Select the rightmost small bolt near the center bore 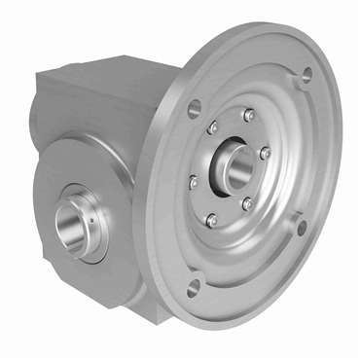pyautogui.click(x=265, y=154)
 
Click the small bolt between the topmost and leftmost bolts pyautogui.click(x=213, y=126)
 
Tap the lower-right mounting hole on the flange pyautogui.click(x=301, y=227)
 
